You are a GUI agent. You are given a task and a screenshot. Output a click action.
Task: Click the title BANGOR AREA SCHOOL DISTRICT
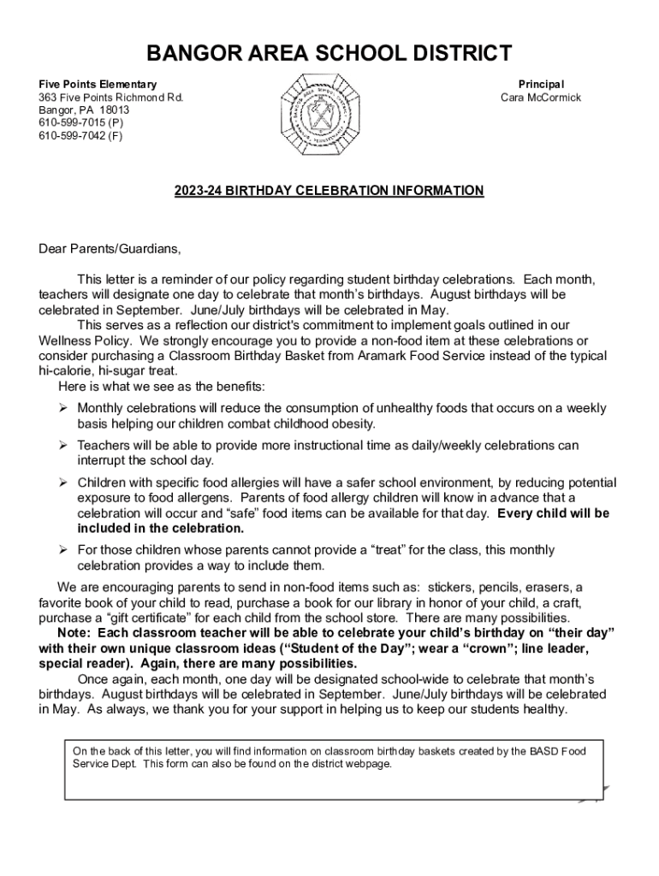click(329, 54)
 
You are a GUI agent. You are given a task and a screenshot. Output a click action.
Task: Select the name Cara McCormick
click(540, 98)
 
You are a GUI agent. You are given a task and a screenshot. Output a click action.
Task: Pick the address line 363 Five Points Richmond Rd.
click(110, 98)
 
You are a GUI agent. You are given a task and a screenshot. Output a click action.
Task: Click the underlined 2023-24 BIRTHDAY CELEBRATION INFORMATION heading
click(329, 190)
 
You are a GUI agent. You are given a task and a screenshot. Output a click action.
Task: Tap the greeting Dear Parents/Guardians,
click(110, 249)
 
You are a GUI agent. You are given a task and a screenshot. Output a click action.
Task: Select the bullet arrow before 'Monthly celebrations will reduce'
click(63, 408)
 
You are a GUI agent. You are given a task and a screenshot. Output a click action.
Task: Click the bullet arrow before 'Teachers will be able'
click(63, 445)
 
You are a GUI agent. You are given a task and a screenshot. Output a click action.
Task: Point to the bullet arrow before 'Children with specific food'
click(63, 482)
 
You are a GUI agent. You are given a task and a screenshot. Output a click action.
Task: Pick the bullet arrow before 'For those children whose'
click(63, 549)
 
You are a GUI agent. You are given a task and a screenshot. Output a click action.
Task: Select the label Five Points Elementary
click(98, 85)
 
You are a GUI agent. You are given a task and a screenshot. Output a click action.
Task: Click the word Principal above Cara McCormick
click(541, 85)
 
